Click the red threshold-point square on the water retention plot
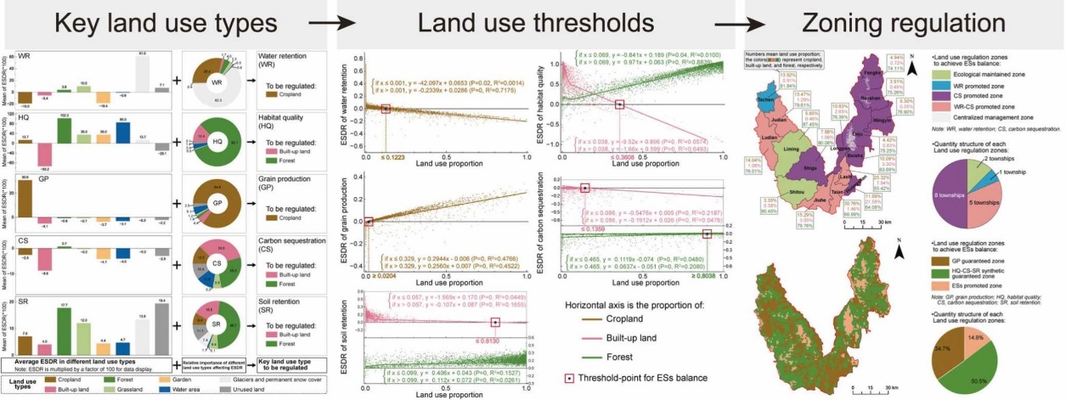386,109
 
